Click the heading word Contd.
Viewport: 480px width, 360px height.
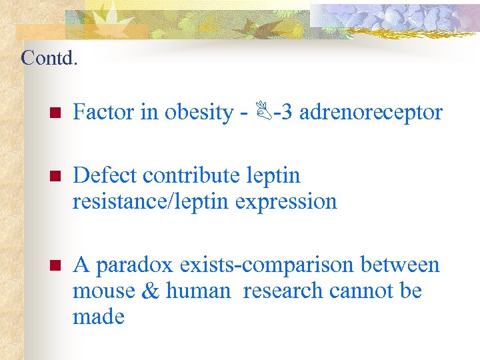pyautogui.click(x=49, y=58)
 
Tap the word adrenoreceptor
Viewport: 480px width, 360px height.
pyautogui.click(x=371, y=112)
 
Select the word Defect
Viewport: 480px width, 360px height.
pyautogui.click(x=105, y=175)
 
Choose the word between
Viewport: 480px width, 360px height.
pyautogui.click(x=400, y=265)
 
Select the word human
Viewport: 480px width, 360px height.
pyautogui.click(x=197, y=291)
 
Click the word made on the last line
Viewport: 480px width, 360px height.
pyautogui.click(x=99, y=316)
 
